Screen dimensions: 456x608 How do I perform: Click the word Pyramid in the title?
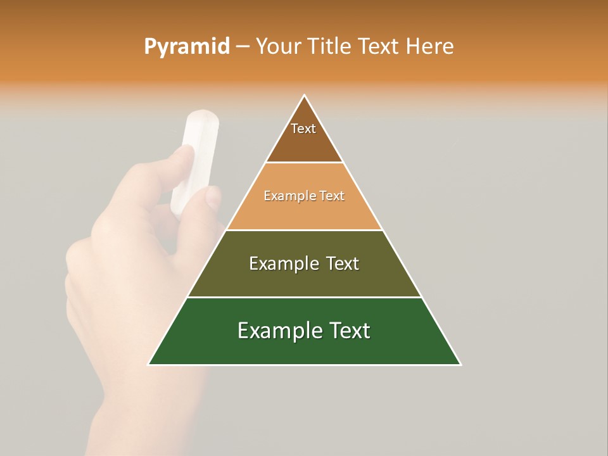click(187, 47)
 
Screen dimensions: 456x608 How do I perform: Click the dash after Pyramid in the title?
click(243, 47)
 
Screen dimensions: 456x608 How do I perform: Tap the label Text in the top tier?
click(303, 129)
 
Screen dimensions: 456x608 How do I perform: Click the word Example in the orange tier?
click(284, 196)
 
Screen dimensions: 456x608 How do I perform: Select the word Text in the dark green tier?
click(349, 331)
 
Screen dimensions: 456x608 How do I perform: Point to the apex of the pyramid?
click(305, 96)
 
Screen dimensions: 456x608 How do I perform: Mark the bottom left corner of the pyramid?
click(148, 364)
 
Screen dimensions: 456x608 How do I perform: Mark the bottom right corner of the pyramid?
click(460, 364)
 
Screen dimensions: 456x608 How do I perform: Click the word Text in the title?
click(381, 47)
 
